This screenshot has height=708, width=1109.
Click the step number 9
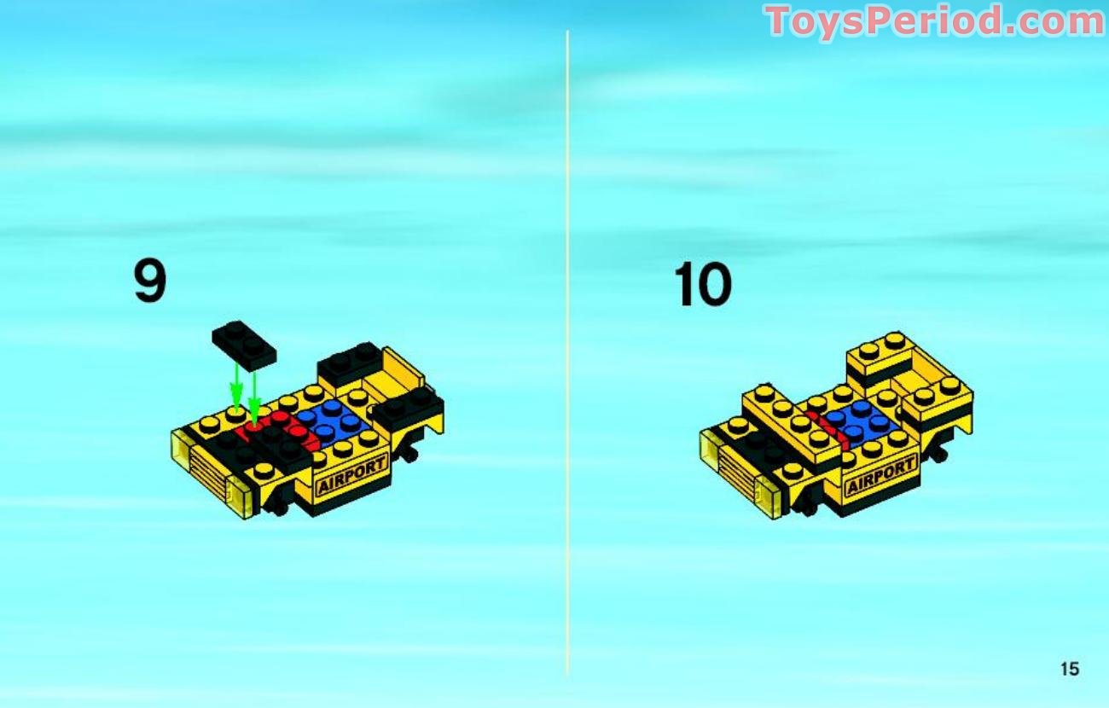pyautogui.click(x=150, y=282)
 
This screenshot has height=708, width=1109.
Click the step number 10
pyautogui.click(x=703, y=285)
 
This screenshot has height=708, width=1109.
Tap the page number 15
pyautogui.click(x=1070, y=669)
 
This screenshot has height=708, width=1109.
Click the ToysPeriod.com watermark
pyautogui.click(x=934, y=21)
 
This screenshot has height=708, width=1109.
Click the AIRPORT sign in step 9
pyautogui.click(x=351, y=475)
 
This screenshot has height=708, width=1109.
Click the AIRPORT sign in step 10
pyautogui.click(x=880, y=476)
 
